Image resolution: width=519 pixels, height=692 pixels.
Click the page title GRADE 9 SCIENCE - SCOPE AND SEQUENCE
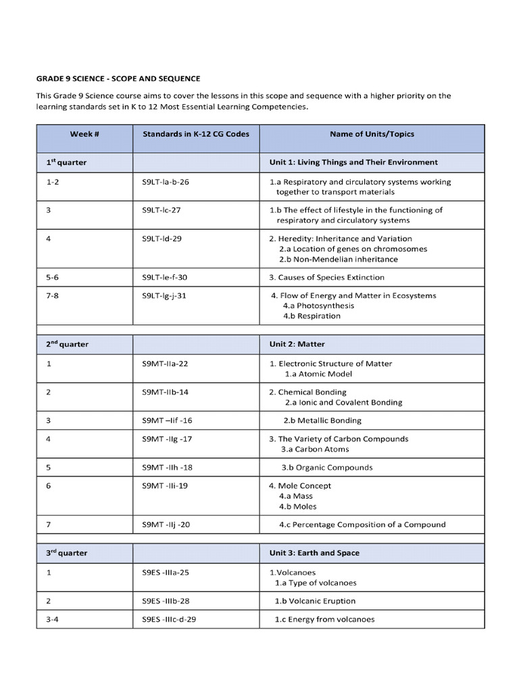118,79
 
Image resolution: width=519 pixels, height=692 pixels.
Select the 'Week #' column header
84,134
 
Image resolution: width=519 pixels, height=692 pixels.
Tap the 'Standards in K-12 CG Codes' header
196,134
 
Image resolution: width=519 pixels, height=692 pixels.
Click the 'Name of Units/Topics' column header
372,134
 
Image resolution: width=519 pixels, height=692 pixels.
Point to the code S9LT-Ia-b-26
166,182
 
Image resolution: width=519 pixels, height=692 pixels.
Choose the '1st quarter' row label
66,162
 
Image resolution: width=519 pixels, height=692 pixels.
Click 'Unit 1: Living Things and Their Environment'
353,162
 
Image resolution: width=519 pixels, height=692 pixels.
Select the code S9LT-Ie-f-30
165,277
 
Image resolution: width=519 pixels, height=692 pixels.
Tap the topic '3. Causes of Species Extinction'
326,277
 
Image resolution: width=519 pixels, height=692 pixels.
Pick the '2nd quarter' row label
67,344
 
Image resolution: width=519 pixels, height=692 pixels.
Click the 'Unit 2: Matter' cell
297,344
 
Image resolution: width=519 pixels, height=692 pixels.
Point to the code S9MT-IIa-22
165,364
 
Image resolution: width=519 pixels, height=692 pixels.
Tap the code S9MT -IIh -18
168,468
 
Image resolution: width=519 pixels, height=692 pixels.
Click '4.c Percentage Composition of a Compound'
362,524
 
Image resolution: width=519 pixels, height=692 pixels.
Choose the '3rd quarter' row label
66,553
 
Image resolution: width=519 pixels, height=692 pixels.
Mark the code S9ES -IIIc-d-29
170,619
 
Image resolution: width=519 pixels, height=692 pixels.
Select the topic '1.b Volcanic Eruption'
314,601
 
